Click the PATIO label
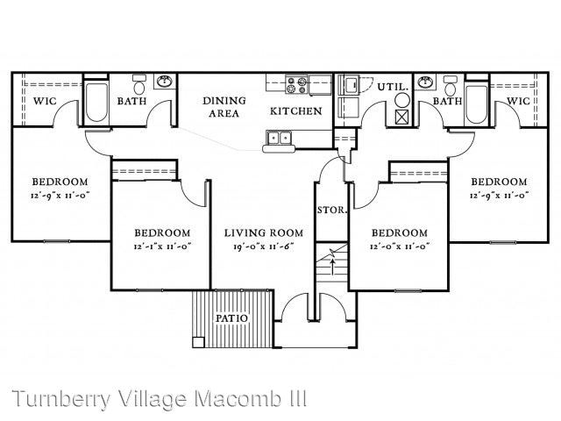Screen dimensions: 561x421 pos(231,318)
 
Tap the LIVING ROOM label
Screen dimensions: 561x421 pos(264,233)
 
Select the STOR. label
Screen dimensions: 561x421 pos(332,210)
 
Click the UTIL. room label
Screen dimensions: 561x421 pos(393,87)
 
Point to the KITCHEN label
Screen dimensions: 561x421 pos(296,111)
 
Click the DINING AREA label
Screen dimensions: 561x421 pos(224,107)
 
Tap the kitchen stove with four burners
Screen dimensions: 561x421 pos(296,85)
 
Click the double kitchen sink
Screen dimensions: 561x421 pos(279,138)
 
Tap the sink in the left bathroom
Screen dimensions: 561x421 pos(165,82)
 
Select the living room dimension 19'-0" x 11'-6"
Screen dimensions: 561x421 pos(264,246)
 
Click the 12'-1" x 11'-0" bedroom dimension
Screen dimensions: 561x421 pos(162,246)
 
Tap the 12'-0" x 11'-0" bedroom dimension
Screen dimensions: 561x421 pos(400,246)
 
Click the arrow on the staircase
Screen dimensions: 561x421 pos(333,267)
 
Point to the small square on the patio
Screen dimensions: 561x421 pos(198,342)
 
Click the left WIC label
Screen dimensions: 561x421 pos(45,102)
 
